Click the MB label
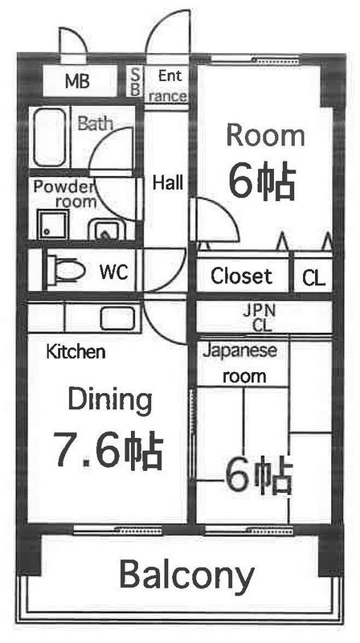(77, 81)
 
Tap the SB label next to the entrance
(135, 82)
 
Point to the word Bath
(96, 124)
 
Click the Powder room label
(64, 194)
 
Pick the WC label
(114, 271)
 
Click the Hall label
(168, 182)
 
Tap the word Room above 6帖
(264, 134)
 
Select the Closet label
(241, 277)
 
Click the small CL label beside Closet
(313, 278)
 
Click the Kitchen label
(76, 351)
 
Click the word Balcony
(187, 575)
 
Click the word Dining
(109, 398)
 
